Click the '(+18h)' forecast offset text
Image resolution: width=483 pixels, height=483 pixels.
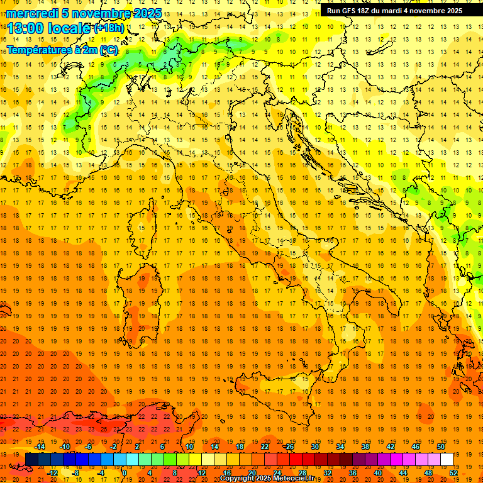click(x=109, y=28)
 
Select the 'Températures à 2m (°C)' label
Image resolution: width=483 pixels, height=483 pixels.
click(x=62, y=50)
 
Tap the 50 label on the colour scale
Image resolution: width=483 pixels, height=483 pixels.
click(x=441, y=447)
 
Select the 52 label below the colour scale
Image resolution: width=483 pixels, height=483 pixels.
click(x=453, y=472)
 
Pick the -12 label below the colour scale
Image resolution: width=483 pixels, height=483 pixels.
click(x=52, y=472)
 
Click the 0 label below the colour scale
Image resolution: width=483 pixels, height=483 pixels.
click(x=125, y=472)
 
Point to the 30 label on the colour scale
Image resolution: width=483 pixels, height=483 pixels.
click(x=314, y=447)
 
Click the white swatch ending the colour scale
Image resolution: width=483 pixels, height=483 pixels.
click(x=447, y=460)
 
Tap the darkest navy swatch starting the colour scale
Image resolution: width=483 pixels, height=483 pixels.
click(x=31, y=460)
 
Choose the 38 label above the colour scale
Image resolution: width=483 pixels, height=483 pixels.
click(x=365, y=447)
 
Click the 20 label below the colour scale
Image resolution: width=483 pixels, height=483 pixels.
click(x=252, y=472)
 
